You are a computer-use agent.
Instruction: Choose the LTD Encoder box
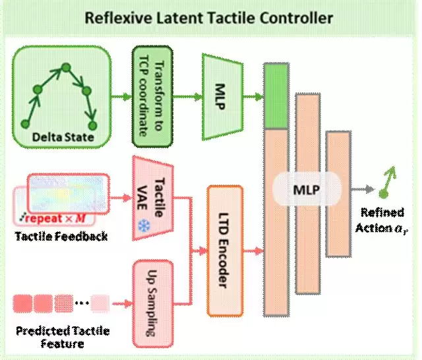coord(225,249)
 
